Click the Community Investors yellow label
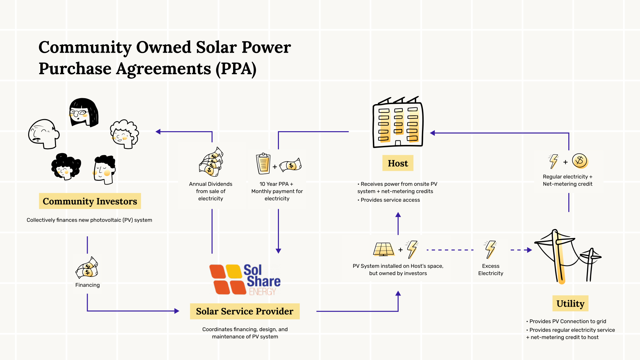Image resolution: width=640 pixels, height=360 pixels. pyautogui.click(x=90, y=201)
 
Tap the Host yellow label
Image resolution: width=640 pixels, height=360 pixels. pyautogui.click(x=398, y=163)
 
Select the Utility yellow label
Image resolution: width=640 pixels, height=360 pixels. pyautogui.click(x=570, y=303)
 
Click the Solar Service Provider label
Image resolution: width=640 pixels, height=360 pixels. pyautogui.click(x=245, y=311)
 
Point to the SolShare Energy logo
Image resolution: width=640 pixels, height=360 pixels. pyautogui.click(x=245, y=280)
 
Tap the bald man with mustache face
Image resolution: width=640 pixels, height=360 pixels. pyautogui.click(x=44, y=134)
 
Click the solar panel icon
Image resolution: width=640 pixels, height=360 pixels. pyautogui.click(x=383, y=249)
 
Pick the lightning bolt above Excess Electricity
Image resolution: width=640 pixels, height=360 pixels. pyautogui.click(x=490, y=249)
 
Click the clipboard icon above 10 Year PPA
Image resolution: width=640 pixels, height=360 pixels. pyautogui.click(x=263, y=164)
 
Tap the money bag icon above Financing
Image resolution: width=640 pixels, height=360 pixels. pyautogui.click(x=87, y=267)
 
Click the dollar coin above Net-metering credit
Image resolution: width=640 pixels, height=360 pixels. pyautogui.click(x=580, y=161)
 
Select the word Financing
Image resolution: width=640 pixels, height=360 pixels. pyautogui.click(x=87, y=285)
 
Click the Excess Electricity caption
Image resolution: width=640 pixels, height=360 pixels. pyautogui.click(x=490, y=270)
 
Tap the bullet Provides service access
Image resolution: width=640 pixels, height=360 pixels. pyautogui.click(x=390, y=200)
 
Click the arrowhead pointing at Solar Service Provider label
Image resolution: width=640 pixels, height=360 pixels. pyautogui.click(x=177, y=311)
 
